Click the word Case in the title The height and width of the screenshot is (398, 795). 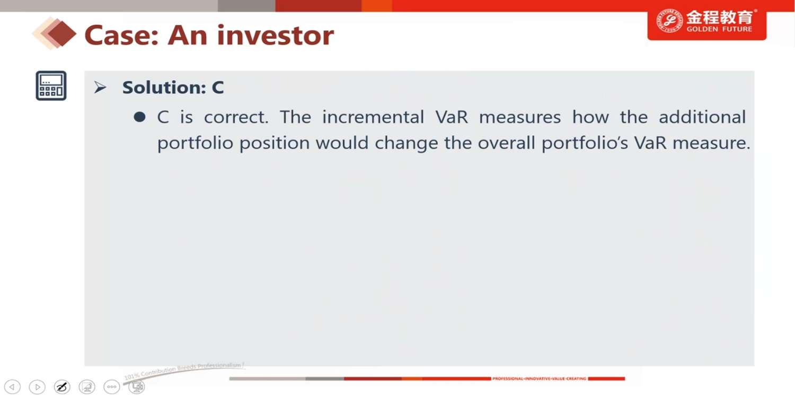tap(121, 36)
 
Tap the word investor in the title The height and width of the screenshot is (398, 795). tap(276, 36)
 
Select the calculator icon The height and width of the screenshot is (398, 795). tap(51, 85)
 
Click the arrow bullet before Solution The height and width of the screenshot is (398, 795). tap(100, 87)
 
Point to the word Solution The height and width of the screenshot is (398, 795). tap(164, 88)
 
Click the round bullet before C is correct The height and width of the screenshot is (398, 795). tap(139, 117)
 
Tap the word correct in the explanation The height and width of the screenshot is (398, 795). tap(236, 117)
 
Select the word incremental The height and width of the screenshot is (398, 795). tap(373, 117)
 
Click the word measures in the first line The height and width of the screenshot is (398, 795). tap(520, 117)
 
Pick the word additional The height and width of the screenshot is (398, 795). tap(702, 117)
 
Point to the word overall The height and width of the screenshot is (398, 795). tap(506, 143)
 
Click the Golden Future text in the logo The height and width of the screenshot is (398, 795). tap(719, 29)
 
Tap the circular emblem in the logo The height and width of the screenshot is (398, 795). tap(669, 21)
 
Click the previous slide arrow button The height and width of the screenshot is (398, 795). tap(12, 387)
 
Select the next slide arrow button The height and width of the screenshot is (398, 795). tap(37, 387)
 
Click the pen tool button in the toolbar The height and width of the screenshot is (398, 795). tap(62, 387)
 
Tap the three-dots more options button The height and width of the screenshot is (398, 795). tap(112, 387)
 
